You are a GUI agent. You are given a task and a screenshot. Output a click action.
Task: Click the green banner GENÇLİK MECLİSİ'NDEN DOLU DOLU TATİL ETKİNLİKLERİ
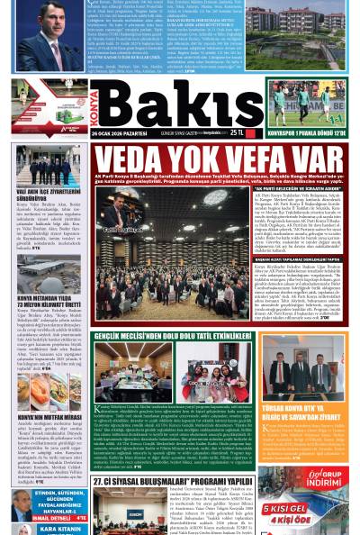coord(181,336)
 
